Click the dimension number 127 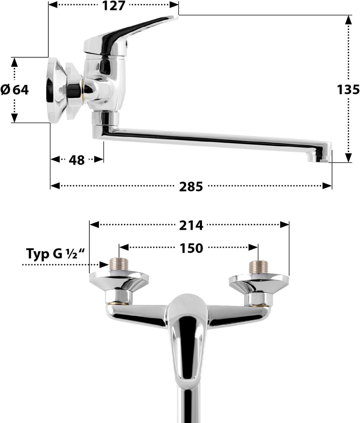click(113, 6)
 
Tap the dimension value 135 click(348, 90)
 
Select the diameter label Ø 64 click(15, 90)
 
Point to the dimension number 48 click(77, 160)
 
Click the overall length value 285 click(191, 187)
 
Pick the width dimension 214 click(191, 225)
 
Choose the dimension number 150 click(191, 248)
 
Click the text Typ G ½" click(55, 254)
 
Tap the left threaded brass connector click(119, 266)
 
